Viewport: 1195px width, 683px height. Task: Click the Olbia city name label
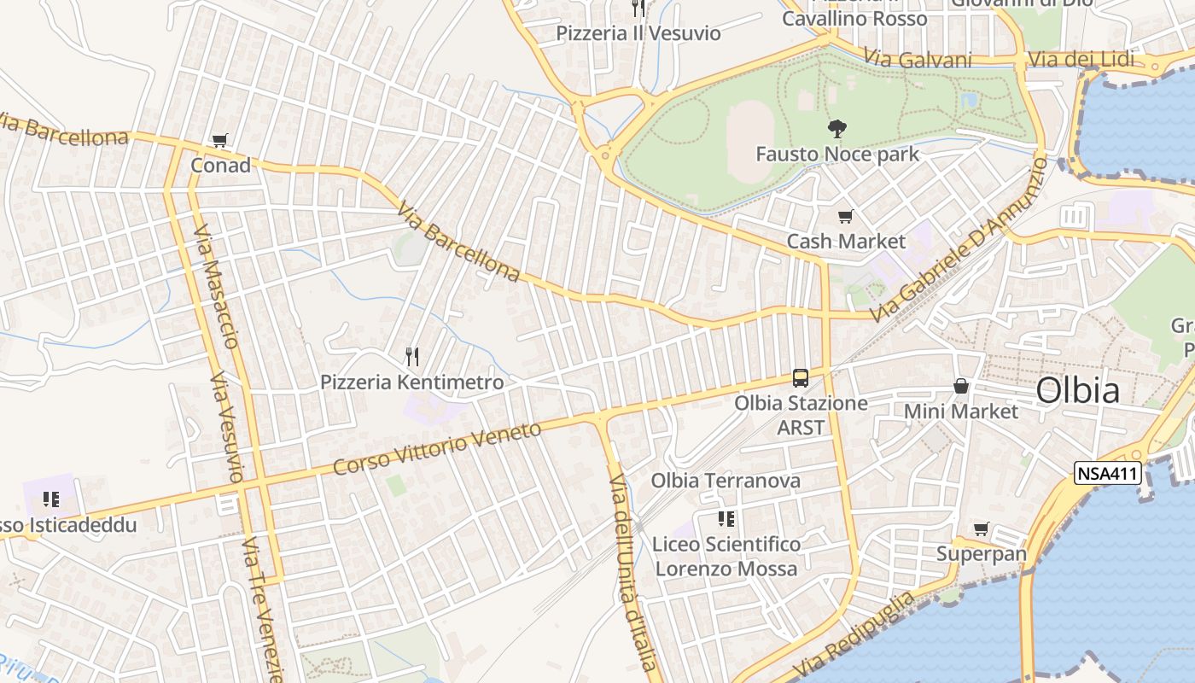(x=1077, y=390)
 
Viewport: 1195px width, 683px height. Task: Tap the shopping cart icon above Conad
(x=220, y=141)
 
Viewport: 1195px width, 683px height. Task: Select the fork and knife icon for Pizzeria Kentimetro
(x=412, y=355)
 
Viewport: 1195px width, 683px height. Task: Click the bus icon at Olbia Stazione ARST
(x=800, y=377)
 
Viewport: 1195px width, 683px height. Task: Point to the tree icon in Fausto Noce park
(x=836, y=129)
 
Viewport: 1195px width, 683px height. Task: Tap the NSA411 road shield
(x=1107, y=474)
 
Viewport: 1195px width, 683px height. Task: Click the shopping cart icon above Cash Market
(x=845, y=217)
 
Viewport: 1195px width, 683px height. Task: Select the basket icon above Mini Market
(x=961, y=386)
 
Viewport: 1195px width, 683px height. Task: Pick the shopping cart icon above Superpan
(x=982, y=529)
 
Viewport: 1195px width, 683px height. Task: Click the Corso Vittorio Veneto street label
(x=437, y=448)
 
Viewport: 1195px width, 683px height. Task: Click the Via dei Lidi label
(x=1081, y=59)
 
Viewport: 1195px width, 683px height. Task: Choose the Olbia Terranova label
(x=726, y=481)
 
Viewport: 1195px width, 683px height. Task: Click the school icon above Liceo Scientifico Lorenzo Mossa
(x=726, y=519)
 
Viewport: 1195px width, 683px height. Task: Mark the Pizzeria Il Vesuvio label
(x=638, y=33)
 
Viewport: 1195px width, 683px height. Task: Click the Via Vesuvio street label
(x=229, y=427)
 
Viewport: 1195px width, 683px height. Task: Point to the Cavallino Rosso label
(x=854, y=18)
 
